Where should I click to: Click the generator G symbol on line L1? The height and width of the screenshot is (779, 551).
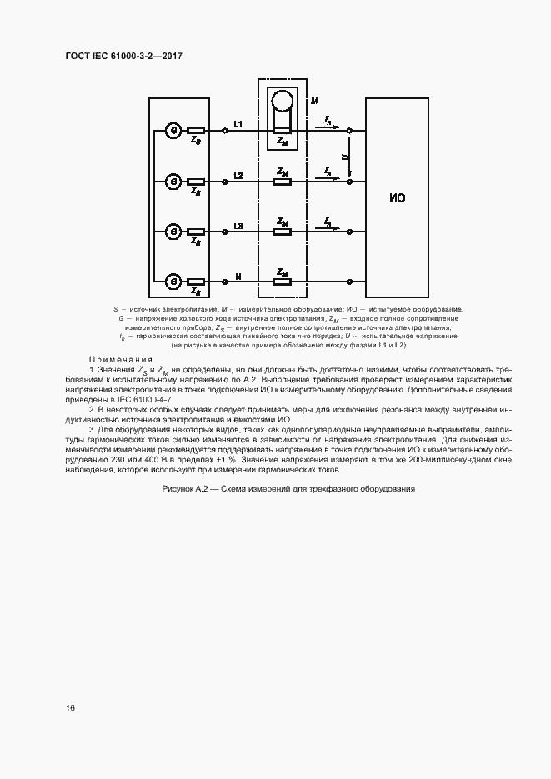coord(173,131)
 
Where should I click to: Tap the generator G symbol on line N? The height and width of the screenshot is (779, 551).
coord(173,281)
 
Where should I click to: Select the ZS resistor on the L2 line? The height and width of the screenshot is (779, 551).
coord(197,181)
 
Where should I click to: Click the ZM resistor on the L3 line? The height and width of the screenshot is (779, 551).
coord(283,231)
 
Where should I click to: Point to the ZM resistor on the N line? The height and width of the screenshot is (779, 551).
coord(283,281)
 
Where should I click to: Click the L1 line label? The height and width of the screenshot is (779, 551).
coord(238,125)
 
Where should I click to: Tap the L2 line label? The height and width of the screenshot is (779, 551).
coord(238,175)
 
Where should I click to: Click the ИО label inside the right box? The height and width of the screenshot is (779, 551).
coord(398,198)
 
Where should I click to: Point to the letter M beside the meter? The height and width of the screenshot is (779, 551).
coord(314,101)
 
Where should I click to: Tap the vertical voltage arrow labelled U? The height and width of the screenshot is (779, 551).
coord(350,157)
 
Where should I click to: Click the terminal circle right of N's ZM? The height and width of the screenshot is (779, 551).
coord(350,281)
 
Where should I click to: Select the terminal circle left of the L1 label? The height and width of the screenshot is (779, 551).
coord(225,131)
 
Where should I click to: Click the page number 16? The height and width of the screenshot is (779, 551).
coord(71,707)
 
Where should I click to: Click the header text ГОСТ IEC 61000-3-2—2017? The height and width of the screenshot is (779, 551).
coord(123,56)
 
